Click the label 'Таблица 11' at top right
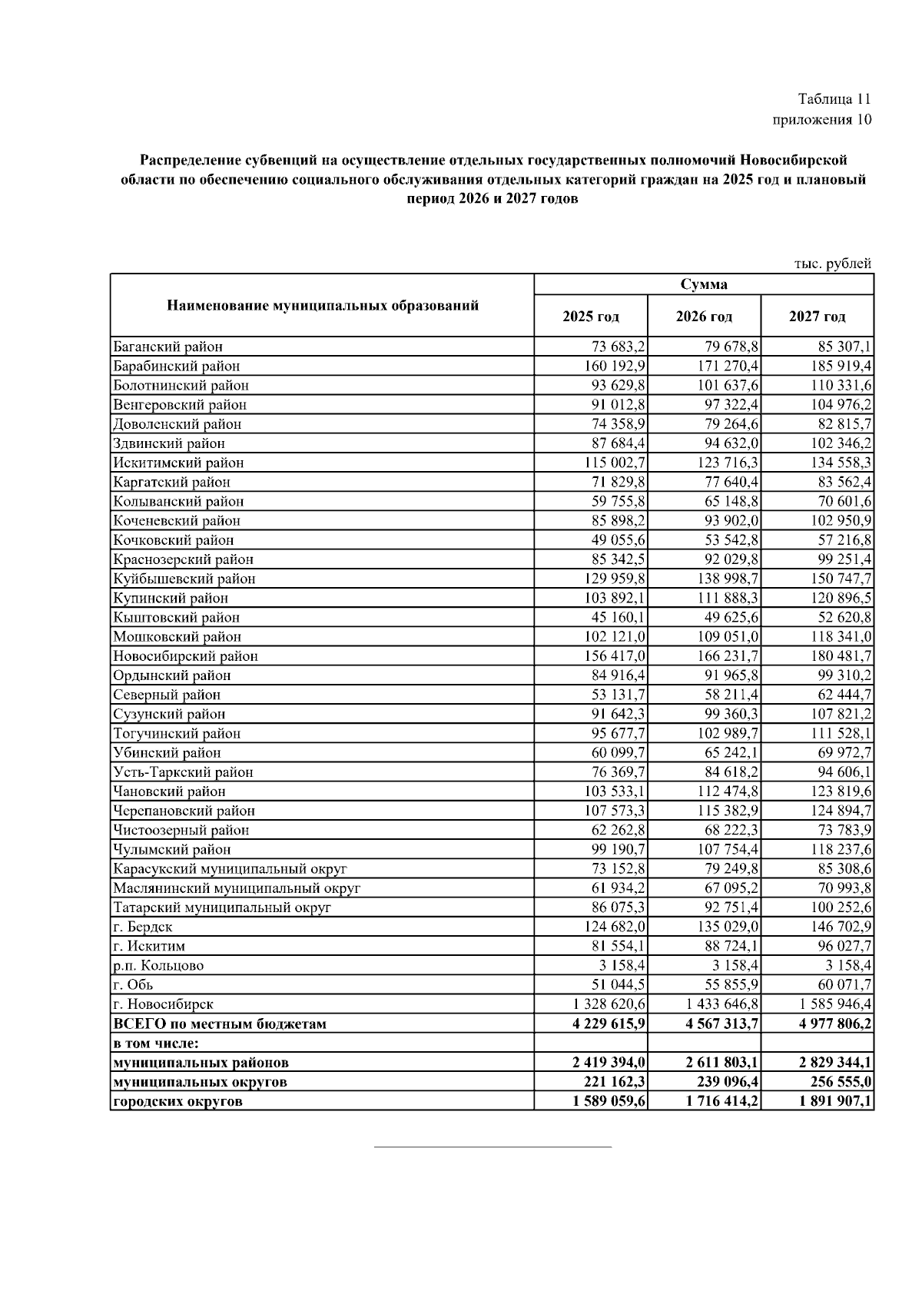click(834, 99)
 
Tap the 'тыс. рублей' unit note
click(833, 264)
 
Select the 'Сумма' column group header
click(704, 284)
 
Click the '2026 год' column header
click(704, 317)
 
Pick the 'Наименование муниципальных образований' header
click(323, 306)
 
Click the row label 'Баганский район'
click(168, 347)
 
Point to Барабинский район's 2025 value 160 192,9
click(615, 367)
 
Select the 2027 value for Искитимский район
click(835, 463)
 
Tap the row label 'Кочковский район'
click(174, 540)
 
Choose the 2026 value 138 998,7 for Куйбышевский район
click(725, 579)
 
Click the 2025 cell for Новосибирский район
click(615, 656)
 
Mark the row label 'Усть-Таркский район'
click(183, 772)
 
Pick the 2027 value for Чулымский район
click(835, 849)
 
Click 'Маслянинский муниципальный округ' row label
click(237, 888)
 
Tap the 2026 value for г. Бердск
click(725, 927)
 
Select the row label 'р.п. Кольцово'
click(158, 966)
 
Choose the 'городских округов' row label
click(177, 1101)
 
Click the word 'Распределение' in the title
click(188, 161)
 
